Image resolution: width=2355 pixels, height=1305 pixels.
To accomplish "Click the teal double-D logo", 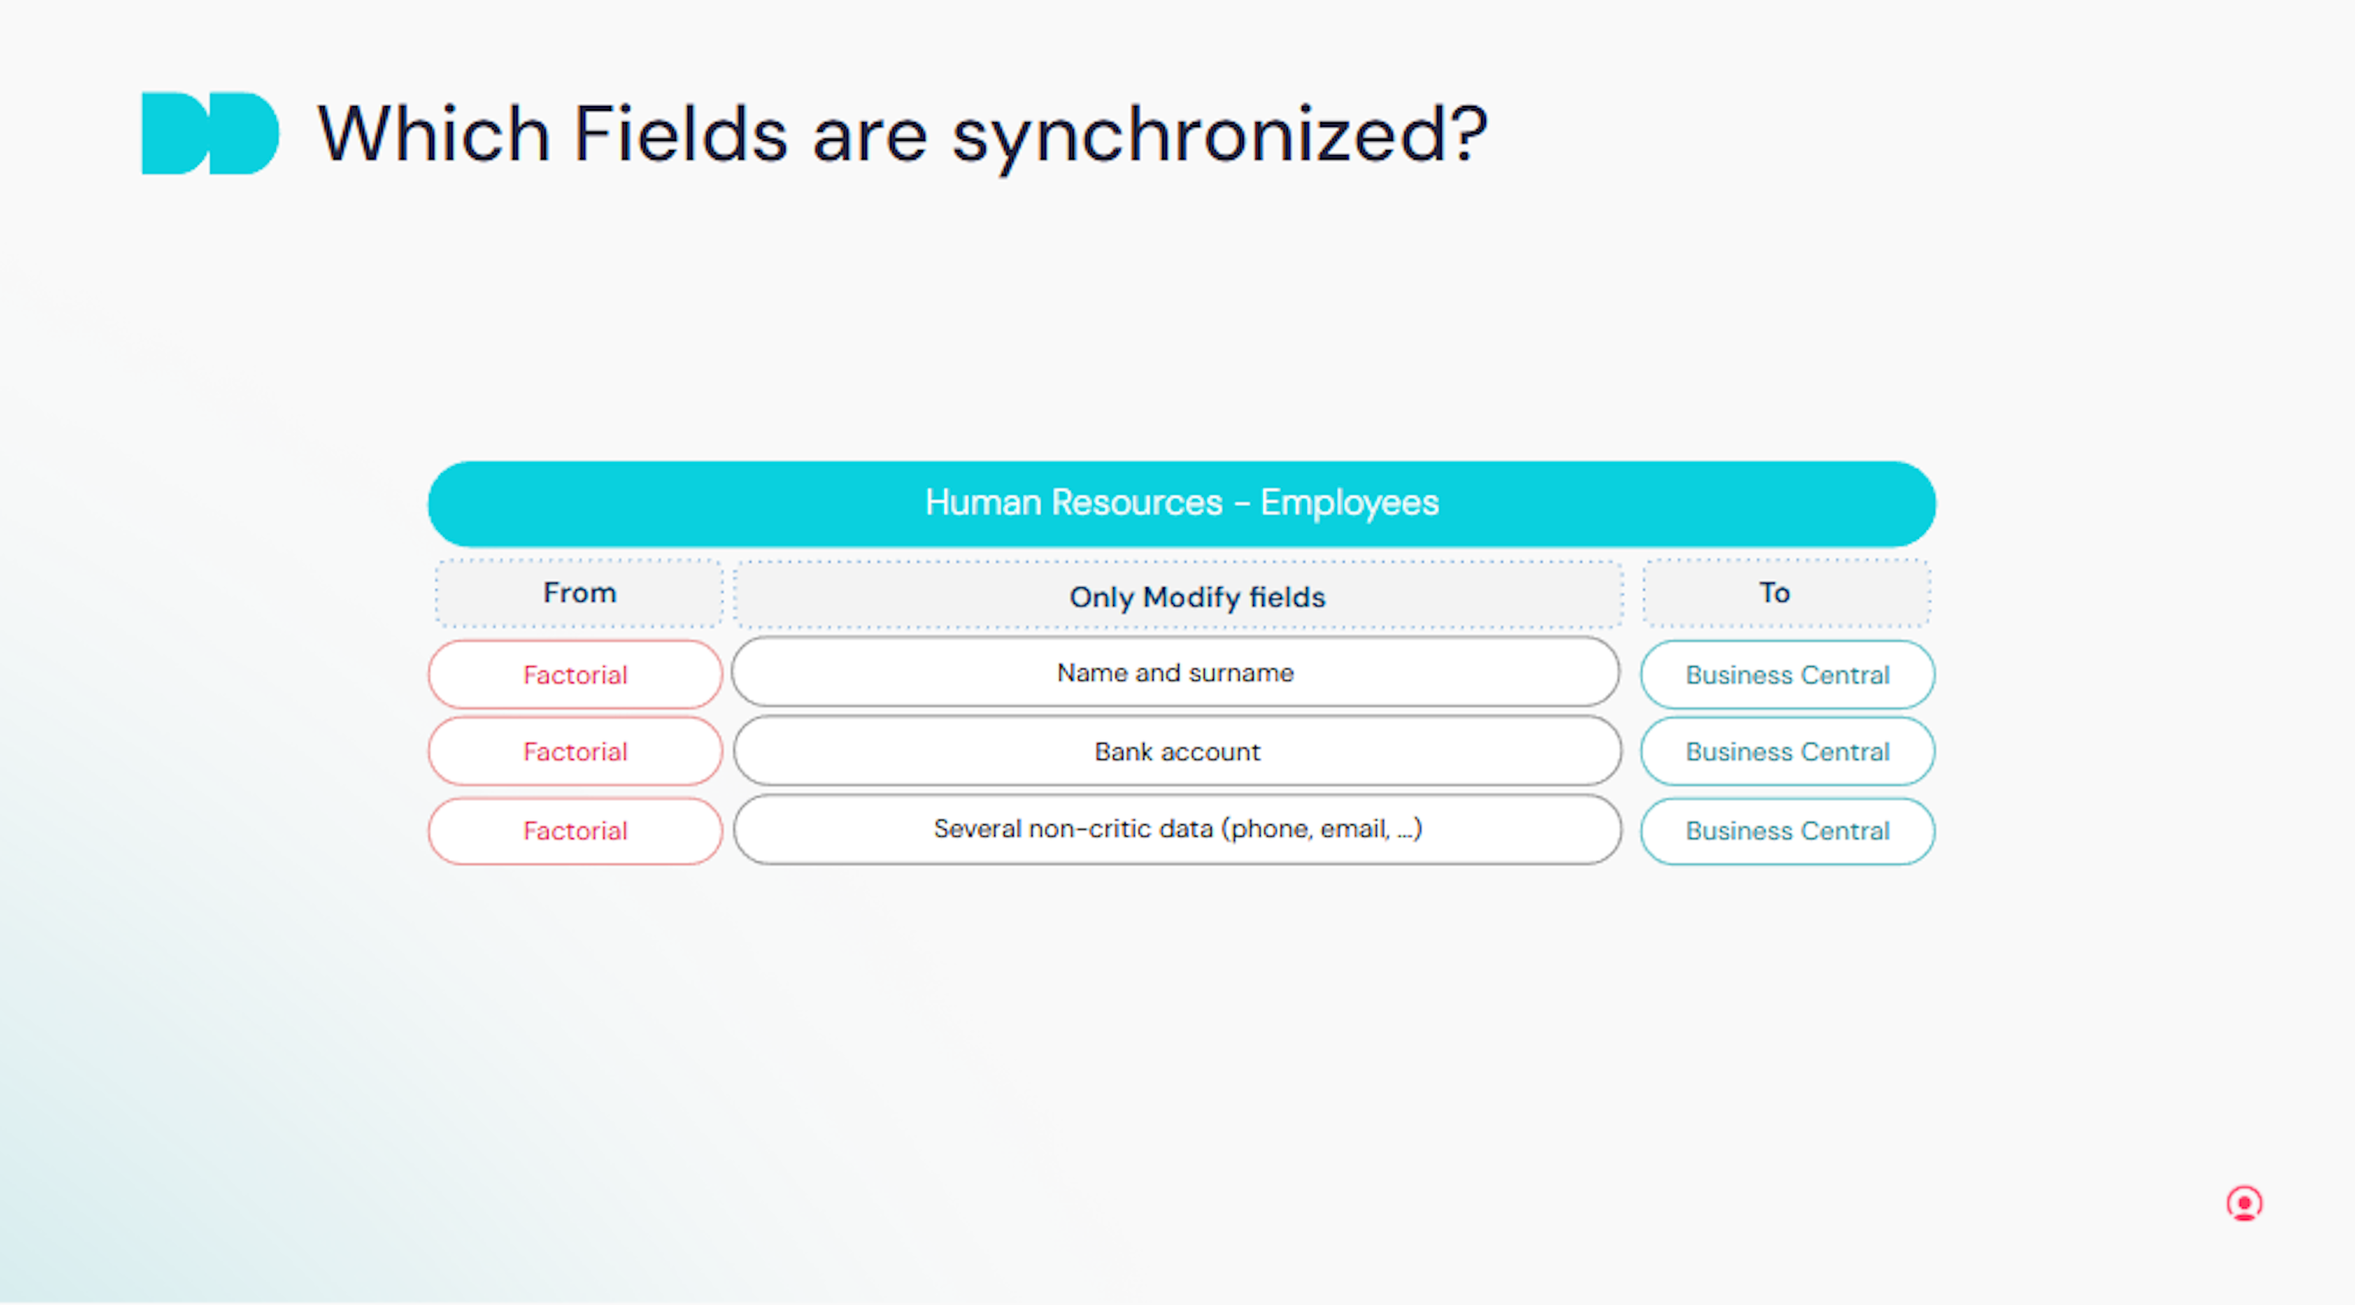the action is pyautogui.click(x=210, y=134).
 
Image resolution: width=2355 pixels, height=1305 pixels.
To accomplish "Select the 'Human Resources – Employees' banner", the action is pyautogui.click(x=1181, y=503).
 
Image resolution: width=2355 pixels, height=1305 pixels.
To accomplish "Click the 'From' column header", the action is pyautogui.click(x=580, y=593).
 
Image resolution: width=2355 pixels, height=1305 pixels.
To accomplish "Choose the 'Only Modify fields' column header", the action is pyautogui.click(x=1178, y=596).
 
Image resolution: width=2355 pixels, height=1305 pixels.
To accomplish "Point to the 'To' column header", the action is pyautogui.click(x=1786, y=593).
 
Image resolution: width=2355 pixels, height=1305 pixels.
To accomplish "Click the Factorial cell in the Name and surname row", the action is pyautogui.click(x=575, y=674).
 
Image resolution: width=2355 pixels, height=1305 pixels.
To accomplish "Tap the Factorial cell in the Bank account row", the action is pyautogui.click(x=575, y=751).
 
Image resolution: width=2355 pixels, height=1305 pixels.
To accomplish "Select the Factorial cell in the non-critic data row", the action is pyautogui.click(x=575, y=831).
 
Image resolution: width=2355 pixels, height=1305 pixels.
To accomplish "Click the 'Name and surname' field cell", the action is pyautogui.click(x=1176, y=672).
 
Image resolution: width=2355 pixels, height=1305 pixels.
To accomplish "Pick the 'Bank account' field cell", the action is pyautogui.click(x=1177, y=751).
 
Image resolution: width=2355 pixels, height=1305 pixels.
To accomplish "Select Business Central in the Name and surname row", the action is pyautogui.click(x=1787, y=674).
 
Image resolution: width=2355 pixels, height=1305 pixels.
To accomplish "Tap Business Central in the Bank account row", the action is pyautogui.click(x=1787, y=751).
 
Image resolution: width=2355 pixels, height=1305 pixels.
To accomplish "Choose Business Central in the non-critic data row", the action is pyautogui.click(x=1787, y=831).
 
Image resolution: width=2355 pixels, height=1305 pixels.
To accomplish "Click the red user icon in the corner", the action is pyautogui.click(x=2245, y=1204).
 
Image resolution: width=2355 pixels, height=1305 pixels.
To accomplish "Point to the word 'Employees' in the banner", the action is pyautogui.click(x=1349, y=503).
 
